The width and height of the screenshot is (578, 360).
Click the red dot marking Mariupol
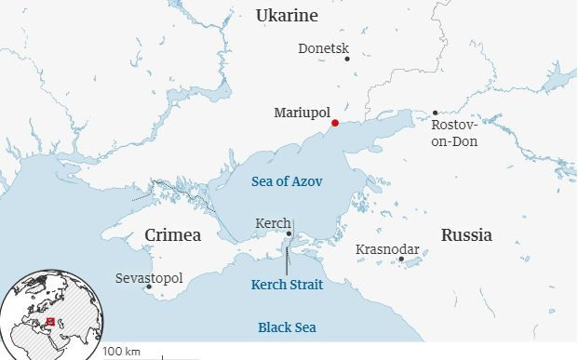tap(334, 123)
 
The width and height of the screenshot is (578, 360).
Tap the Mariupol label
tap(302, 113)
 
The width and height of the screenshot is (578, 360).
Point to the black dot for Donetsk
tap(347, 59)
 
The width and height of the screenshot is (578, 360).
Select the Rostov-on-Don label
tap(453, 133)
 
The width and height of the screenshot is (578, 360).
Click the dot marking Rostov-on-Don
tap(435, 113)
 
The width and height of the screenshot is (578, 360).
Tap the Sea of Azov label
tap(288, 181)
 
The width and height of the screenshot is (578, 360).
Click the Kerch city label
tap(271, 224)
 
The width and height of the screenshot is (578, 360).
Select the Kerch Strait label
tap(288, 285)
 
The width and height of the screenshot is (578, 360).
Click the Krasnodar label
tap(387, 249)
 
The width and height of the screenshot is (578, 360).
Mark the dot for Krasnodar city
tap(401, 260)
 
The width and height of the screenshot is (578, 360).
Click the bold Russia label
tap(466, 234)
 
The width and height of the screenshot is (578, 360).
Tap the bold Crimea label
tap(173, 235)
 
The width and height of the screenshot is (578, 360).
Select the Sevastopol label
tap(149, 278)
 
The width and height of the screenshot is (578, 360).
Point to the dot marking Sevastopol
tap(148, 288)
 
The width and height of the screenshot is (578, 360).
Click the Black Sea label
tap(288, 327)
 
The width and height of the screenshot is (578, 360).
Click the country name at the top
tap(287, 16)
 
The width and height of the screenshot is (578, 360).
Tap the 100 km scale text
tap(121, 352)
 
